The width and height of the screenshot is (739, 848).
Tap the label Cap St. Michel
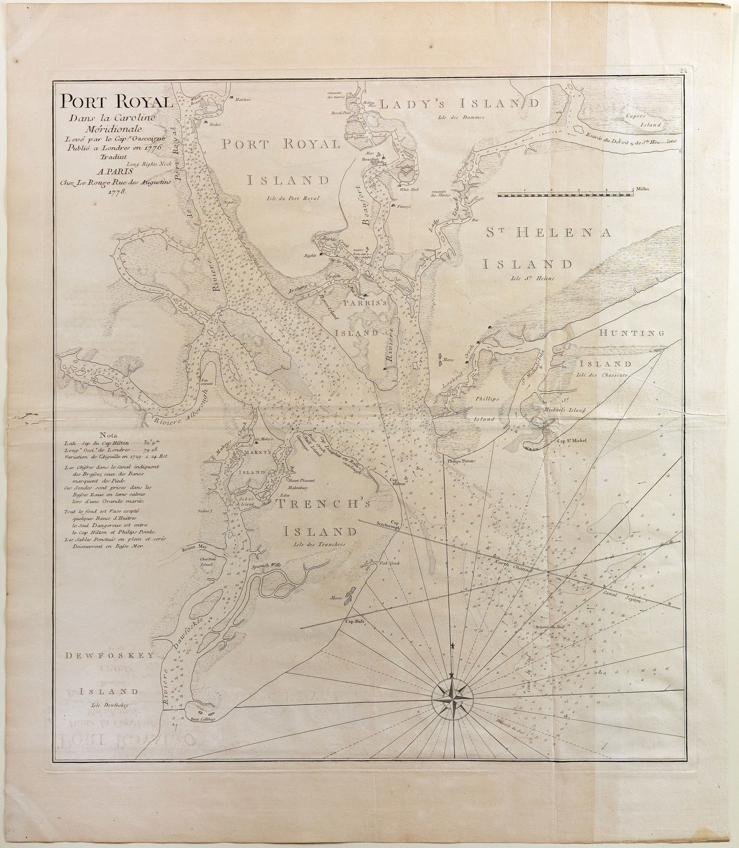572,440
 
